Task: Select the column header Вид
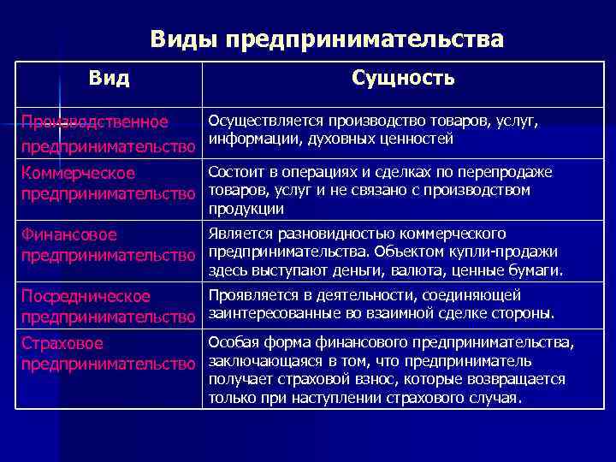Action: coord(110,80)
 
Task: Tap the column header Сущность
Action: coord(403,79)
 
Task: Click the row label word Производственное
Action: coord(95,122)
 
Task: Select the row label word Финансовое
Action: coord(69,234)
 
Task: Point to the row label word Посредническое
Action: coord(86,296)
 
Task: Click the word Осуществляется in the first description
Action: coord(257,121)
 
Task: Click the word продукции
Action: coord(246,209)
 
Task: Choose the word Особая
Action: coord(229,342)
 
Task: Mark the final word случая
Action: coord(495,398)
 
